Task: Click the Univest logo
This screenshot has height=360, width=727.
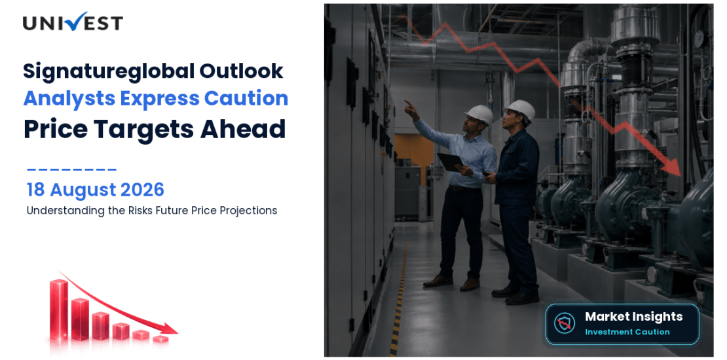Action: tap(73, 22)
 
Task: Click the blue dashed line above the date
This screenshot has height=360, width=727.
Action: tap(71, 170)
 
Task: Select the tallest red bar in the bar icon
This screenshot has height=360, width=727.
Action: tap(59, 308)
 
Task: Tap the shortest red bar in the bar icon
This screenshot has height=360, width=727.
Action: tap(160, 339)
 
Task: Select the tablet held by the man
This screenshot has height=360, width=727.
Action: tap(450, 162)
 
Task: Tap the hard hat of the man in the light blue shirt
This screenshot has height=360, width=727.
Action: tap(479, 114)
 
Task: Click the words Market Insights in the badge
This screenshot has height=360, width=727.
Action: tap(633, 316)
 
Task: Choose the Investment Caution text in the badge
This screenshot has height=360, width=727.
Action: tap(627, 332)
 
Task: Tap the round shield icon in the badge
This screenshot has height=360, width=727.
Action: tap(565, 323)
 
